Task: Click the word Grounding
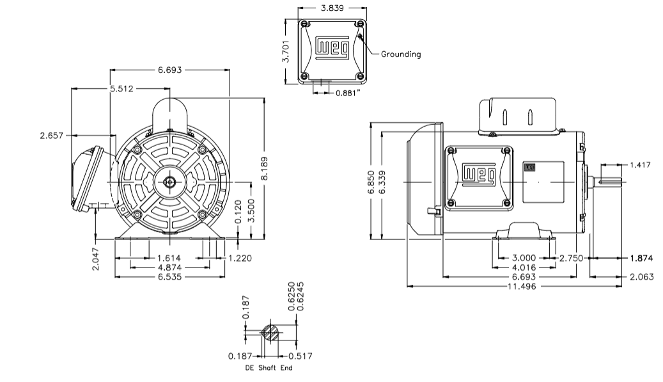401,54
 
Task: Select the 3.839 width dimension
332,8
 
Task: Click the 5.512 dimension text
121,89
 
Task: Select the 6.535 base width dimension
169,276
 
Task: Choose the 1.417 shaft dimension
640,165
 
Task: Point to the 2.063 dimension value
641,276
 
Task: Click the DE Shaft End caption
269,368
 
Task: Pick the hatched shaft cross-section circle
270,332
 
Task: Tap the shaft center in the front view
169,182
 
